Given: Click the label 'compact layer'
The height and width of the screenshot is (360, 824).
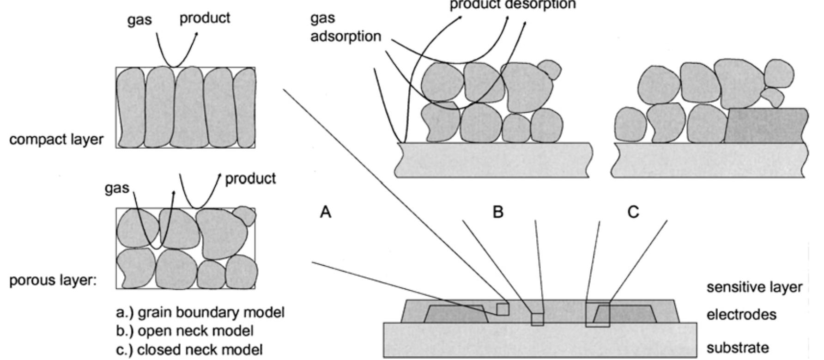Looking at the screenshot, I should (56, 139).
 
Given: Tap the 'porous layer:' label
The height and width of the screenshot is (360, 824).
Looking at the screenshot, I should (53, 281).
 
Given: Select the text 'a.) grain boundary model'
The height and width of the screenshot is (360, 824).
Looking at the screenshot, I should (200, 312).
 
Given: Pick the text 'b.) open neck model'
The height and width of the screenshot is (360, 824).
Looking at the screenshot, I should (185, 331).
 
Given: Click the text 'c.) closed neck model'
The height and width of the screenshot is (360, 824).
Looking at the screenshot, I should (189, 349).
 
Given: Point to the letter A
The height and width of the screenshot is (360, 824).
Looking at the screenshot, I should (326, 212).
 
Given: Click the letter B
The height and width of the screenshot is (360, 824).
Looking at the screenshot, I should (498, 212).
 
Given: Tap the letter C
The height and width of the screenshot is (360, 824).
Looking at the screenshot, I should (633, 212).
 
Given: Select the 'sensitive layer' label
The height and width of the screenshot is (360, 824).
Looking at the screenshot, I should (754, 287).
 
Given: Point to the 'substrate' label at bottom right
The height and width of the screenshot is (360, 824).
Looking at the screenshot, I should (738, 347).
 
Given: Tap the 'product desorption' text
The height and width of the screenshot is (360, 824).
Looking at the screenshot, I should (513, 5).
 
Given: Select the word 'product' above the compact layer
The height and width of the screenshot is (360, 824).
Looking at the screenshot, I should (205, 18).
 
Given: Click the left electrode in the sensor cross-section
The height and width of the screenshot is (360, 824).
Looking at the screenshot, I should (455, 314).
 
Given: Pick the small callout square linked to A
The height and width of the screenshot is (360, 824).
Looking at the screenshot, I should (503, 309).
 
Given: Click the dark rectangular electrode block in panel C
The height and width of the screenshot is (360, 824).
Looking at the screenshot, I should (765, 126).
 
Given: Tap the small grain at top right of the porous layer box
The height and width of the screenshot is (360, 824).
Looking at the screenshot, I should (244, 215).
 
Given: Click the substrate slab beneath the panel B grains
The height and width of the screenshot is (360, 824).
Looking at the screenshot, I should (492, 160).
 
